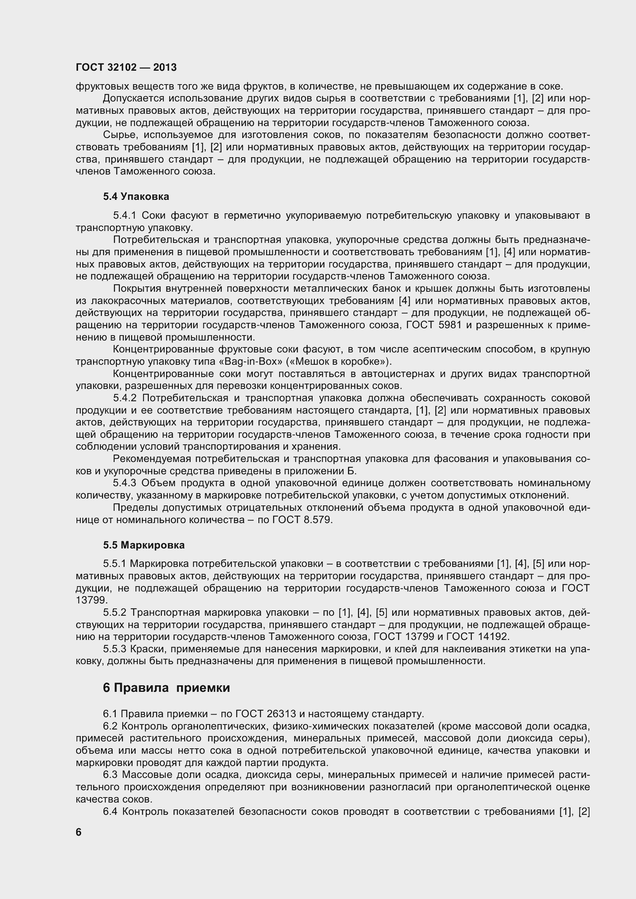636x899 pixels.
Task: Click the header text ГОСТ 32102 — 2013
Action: [126, 67]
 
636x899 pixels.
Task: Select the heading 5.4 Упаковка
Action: [136, 196]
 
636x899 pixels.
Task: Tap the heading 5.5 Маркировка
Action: [144, 545]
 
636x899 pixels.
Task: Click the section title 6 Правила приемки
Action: [166, 688]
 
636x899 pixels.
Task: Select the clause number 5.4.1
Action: [124, 215]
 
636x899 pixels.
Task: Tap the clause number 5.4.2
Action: [125, 398]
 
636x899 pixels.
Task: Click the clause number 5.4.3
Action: [125, 483]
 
